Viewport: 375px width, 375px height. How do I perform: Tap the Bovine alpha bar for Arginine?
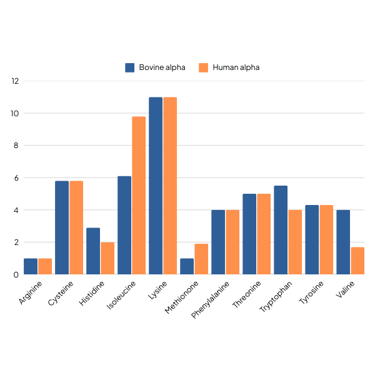pyautogui.click(x=31, y=266)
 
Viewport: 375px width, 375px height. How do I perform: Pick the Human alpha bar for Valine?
pyautogui.click(x=357, y=261)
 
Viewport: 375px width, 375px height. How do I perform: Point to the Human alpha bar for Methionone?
pyautogui.click(x=201, y=259)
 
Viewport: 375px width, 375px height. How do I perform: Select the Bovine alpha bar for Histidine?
pyautogui.click(x=93, y=251)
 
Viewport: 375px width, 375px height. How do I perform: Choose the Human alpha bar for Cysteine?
pyautogui.click(x=76, y=227)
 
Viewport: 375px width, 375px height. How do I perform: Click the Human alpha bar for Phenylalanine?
pyautogui.click(x=232, y=242)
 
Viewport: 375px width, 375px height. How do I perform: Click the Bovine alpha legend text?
pyautogui.click(x=162, y=67)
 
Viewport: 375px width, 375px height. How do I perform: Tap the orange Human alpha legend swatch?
pyautogui.click(x=203, y=67)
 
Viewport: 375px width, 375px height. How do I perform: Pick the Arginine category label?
pyautogui.click(x=31, y=293)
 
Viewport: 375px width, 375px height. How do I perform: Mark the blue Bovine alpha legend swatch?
pyautogui.click(x=130, y=67)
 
